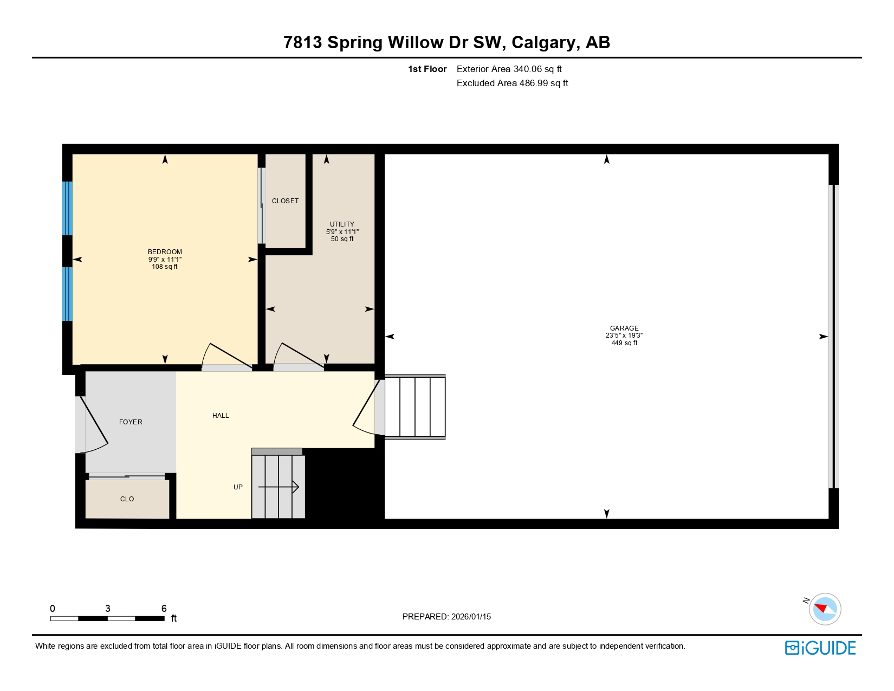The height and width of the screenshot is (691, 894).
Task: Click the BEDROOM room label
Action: click(165, 252)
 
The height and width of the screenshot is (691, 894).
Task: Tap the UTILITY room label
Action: click(342, 224)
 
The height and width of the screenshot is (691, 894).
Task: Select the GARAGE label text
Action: click(624, 328)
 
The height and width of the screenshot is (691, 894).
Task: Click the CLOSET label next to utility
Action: click(285, 201)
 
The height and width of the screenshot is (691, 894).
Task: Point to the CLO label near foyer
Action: click(127, 499)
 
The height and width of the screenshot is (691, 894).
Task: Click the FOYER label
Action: click(131, 422)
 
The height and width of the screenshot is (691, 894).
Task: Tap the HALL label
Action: click(221, 416)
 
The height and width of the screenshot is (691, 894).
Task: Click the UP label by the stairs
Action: click(238, 487)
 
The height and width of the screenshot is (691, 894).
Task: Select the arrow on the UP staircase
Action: click(278, 487)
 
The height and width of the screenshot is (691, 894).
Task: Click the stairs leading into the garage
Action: click(415, 406)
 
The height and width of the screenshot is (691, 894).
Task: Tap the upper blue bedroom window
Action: click(67, 208)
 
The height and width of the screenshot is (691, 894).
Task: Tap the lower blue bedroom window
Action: click(67, 294)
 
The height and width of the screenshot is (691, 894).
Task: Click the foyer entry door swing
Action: click(93, 425)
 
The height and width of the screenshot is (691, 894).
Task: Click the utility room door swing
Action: click(299, 357)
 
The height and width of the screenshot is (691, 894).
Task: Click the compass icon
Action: click(825, 609)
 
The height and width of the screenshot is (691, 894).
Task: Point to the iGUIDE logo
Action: click(820, 648)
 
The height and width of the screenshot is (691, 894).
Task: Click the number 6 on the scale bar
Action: click(164, 609)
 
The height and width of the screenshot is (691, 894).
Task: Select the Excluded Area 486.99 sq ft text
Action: click(512, 83)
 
